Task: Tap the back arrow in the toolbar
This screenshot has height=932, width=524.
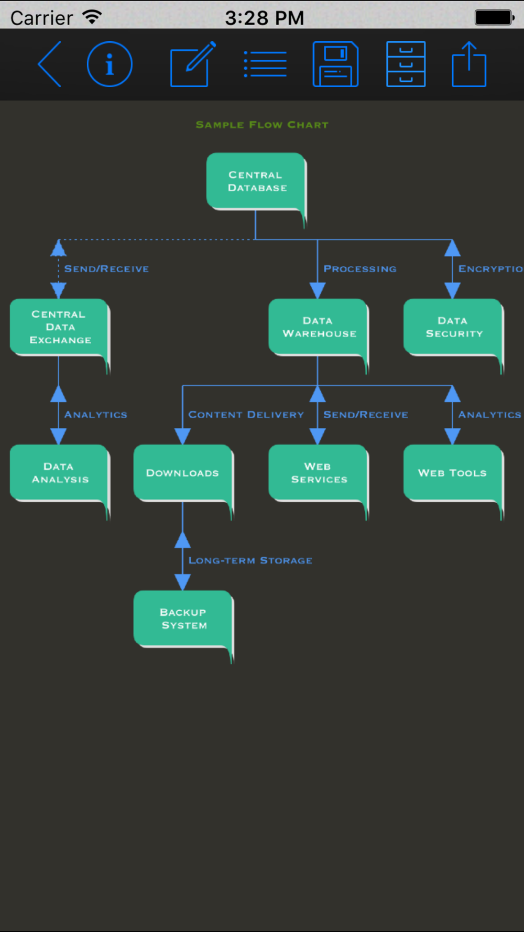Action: point(50,64)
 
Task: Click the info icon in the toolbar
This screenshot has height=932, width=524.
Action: point(110,64)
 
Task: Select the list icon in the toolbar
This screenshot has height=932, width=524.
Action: point(265,64)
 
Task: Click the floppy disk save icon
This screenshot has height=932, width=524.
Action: point(335,64)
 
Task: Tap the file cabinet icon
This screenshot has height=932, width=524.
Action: point(406,64)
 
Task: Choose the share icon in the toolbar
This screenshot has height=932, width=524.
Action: point(469,64)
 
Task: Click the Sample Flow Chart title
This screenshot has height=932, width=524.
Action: point(262,125)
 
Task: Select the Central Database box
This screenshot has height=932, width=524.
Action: point(256,182)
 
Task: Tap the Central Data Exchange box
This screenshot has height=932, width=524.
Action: point(60,328)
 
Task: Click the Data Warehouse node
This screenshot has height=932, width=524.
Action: point(319,328)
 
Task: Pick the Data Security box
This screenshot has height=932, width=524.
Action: point(453,328)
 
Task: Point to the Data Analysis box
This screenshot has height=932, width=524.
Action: point(60,473)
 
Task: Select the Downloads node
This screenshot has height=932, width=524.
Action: point(183,473)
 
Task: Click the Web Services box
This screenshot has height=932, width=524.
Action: point(319,473)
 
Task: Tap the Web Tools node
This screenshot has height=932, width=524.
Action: point(453,473)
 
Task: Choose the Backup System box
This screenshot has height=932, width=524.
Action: point(183,619)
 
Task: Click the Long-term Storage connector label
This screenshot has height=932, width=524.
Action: point(250,560)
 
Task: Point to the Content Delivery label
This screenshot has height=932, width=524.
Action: point(246,415)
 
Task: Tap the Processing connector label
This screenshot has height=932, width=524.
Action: point(360,269)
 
